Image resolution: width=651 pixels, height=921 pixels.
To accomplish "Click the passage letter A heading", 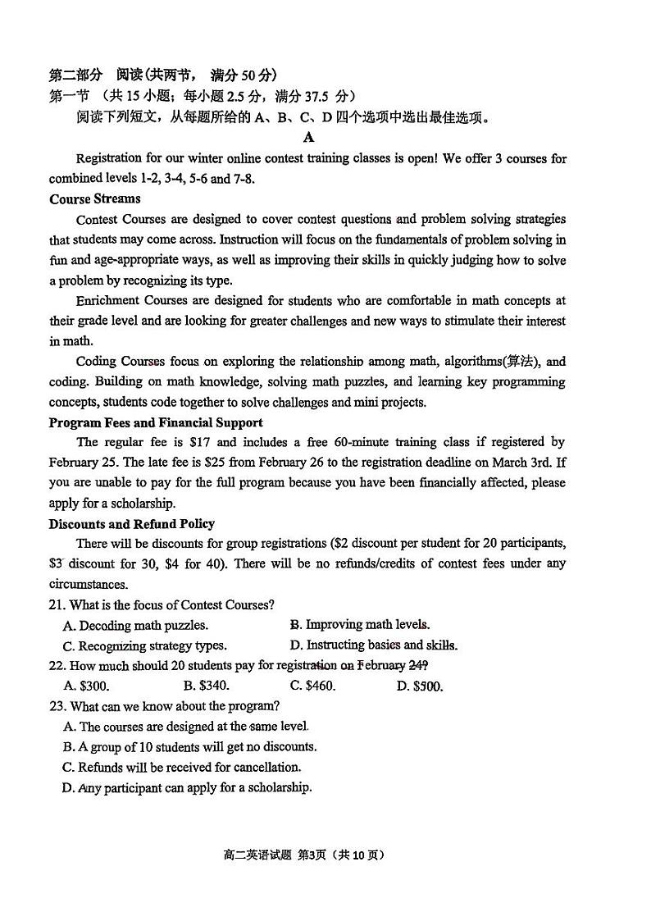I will pos(308,138).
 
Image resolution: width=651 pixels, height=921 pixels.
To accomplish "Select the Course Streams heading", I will pos(94,198).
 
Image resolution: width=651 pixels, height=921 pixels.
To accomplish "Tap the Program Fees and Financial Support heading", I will pos(156,422).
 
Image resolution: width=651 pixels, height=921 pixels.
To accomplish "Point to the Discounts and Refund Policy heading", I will pos(131,523).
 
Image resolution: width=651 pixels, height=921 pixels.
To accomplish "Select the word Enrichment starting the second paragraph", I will pos(107,301).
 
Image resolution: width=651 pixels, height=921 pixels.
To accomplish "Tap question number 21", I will pos(57,605).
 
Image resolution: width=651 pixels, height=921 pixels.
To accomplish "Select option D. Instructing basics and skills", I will pos(373,645).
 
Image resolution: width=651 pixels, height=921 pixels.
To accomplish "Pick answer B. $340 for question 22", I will pos(206,686).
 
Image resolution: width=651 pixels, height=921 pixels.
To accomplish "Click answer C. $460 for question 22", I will pos(312,686).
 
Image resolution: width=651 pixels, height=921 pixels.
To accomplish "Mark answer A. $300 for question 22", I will pos(86,686).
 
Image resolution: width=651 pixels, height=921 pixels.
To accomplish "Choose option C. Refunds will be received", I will pos(181,767).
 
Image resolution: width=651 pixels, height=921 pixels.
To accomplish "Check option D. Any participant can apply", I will pos(187,787).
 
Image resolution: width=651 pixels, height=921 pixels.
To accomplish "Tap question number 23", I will pos(57,706).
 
